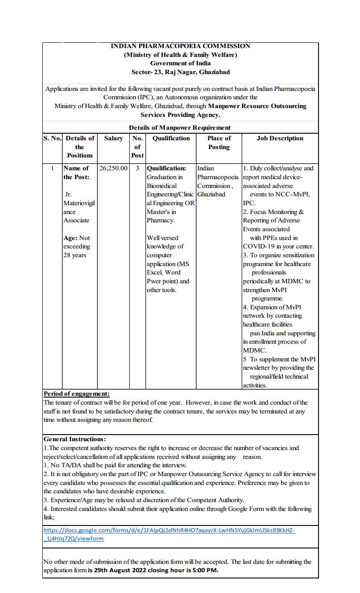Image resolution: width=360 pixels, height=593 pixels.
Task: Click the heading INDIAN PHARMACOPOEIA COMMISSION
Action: point(180,46)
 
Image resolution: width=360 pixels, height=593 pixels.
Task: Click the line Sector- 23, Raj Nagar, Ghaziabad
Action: point(180,72)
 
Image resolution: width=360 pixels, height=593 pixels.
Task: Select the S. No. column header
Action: point(52,138)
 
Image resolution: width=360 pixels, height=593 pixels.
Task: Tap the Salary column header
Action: point(113,138)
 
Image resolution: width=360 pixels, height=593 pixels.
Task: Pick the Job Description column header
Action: point(280,138)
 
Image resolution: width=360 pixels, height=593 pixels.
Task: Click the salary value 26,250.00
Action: point(113,168)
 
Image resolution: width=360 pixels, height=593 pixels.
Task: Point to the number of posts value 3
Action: point(137,168)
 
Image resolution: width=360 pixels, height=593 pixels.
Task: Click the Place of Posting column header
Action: point(219,143)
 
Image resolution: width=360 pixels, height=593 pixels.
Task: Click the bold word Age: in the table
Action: point(71,238)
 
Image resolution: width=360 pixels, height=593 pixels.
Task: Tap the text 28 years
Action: point(75,255)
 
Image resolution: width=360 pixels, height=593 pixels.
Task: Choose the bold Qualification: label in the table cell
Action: point(166,168)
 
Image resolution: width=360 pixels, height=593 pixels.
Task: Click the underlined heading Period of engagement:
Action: point(76,394)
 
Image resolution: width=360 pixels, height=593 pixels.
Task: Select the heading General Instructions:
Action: point(75,439)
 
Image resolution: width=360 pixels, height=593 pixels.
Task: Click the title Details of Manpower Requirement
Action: point(180,128)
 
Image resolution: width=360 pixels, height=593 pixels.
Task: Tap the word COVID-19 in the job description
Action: point(258,247)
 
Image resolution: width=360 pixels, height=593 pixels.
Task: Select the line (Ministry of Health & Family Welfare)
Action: point(180,55)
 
